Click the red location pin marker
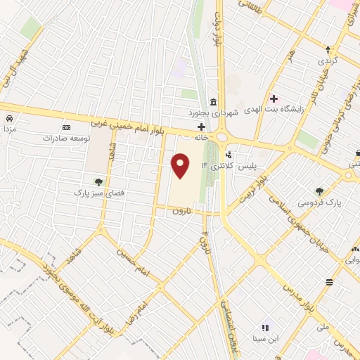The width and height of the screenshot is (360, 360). (181, 165)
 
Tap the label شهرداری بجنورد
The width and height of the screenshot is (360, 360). (214, 112)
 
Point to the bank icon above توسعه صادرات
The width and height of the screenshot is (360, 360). (67, 127)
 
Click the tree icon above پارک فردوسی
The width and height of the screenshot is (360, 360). (319, 191)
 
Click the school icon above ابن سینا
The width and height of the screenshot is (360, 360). (266, 327)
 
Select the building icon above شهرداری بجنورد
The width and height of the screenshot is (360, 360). (213, 101)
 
